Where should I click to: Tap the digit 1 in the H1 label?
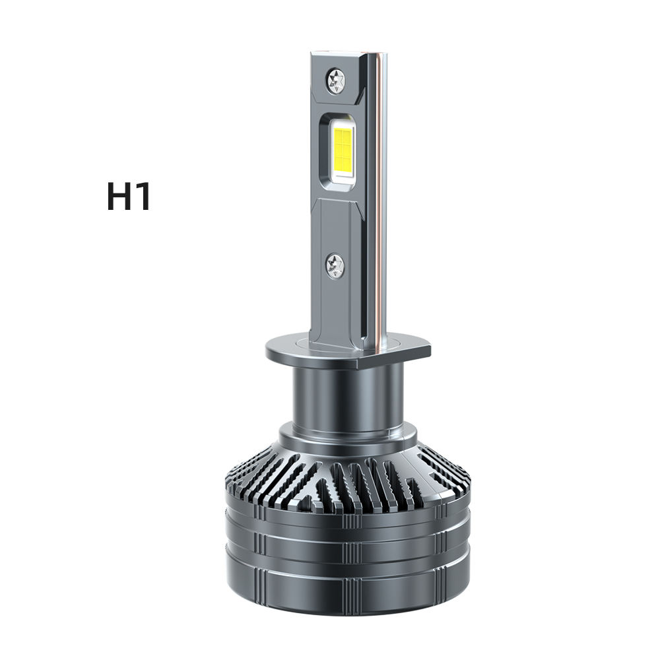(x=143, y=197)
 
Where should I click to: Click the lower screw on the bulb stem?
(x=335, y=266)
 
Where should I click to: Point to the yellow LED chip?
(x=345, y=148)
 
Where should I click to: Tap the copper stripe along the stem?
(x=378, y=198)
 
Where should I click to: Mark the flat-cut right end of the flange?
(x=426, y=350)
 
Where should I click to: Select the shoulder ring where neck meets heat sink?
(x=348, y=436)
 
